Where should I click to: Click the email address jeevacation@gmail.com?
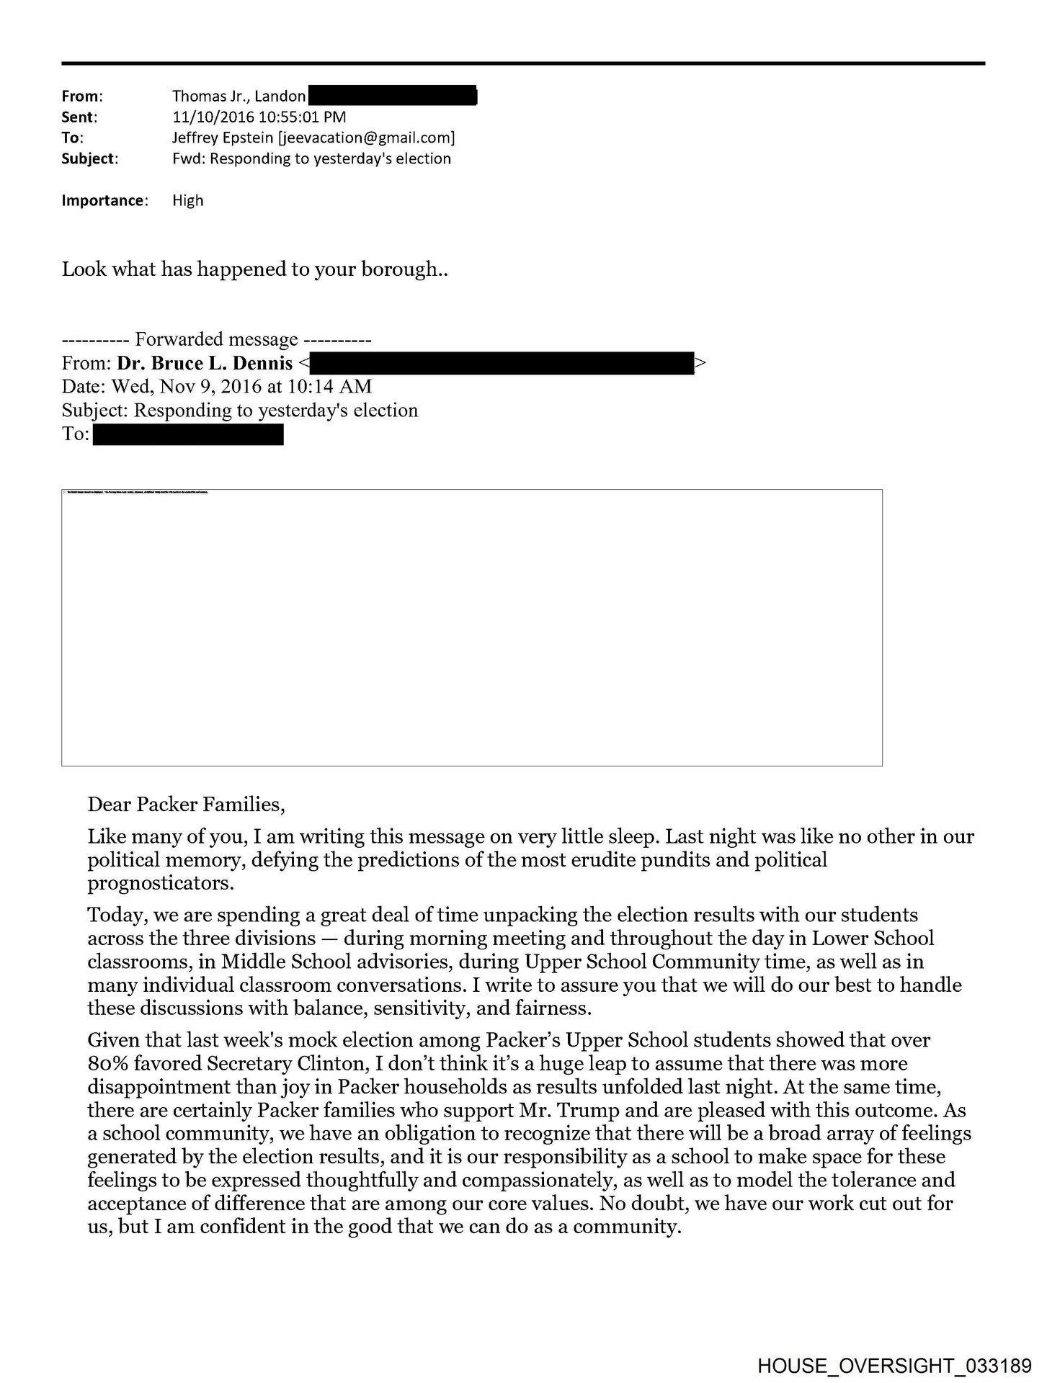coord(366,138)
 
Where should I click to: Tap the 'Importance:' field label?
coord(104,200)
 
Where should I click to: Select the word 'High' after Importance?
coord(187,200)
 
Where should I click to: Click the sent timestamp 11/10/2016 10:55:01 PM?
coord(259,117)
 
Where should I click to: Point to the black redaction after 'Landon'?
coord(393,95)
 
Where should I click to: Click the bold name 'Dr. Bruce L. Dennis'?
coord(205,363)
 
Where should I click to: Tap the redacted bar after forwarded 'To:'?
coord(188,434)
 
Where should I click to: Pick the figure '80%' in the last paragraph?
coord(108,1064)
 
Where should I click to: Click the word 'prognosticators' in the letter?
coord(160,883)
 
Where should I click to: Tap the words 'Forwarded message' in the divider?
coord(216,339)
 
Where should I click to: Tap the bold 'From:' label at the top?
coord(82,96)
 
